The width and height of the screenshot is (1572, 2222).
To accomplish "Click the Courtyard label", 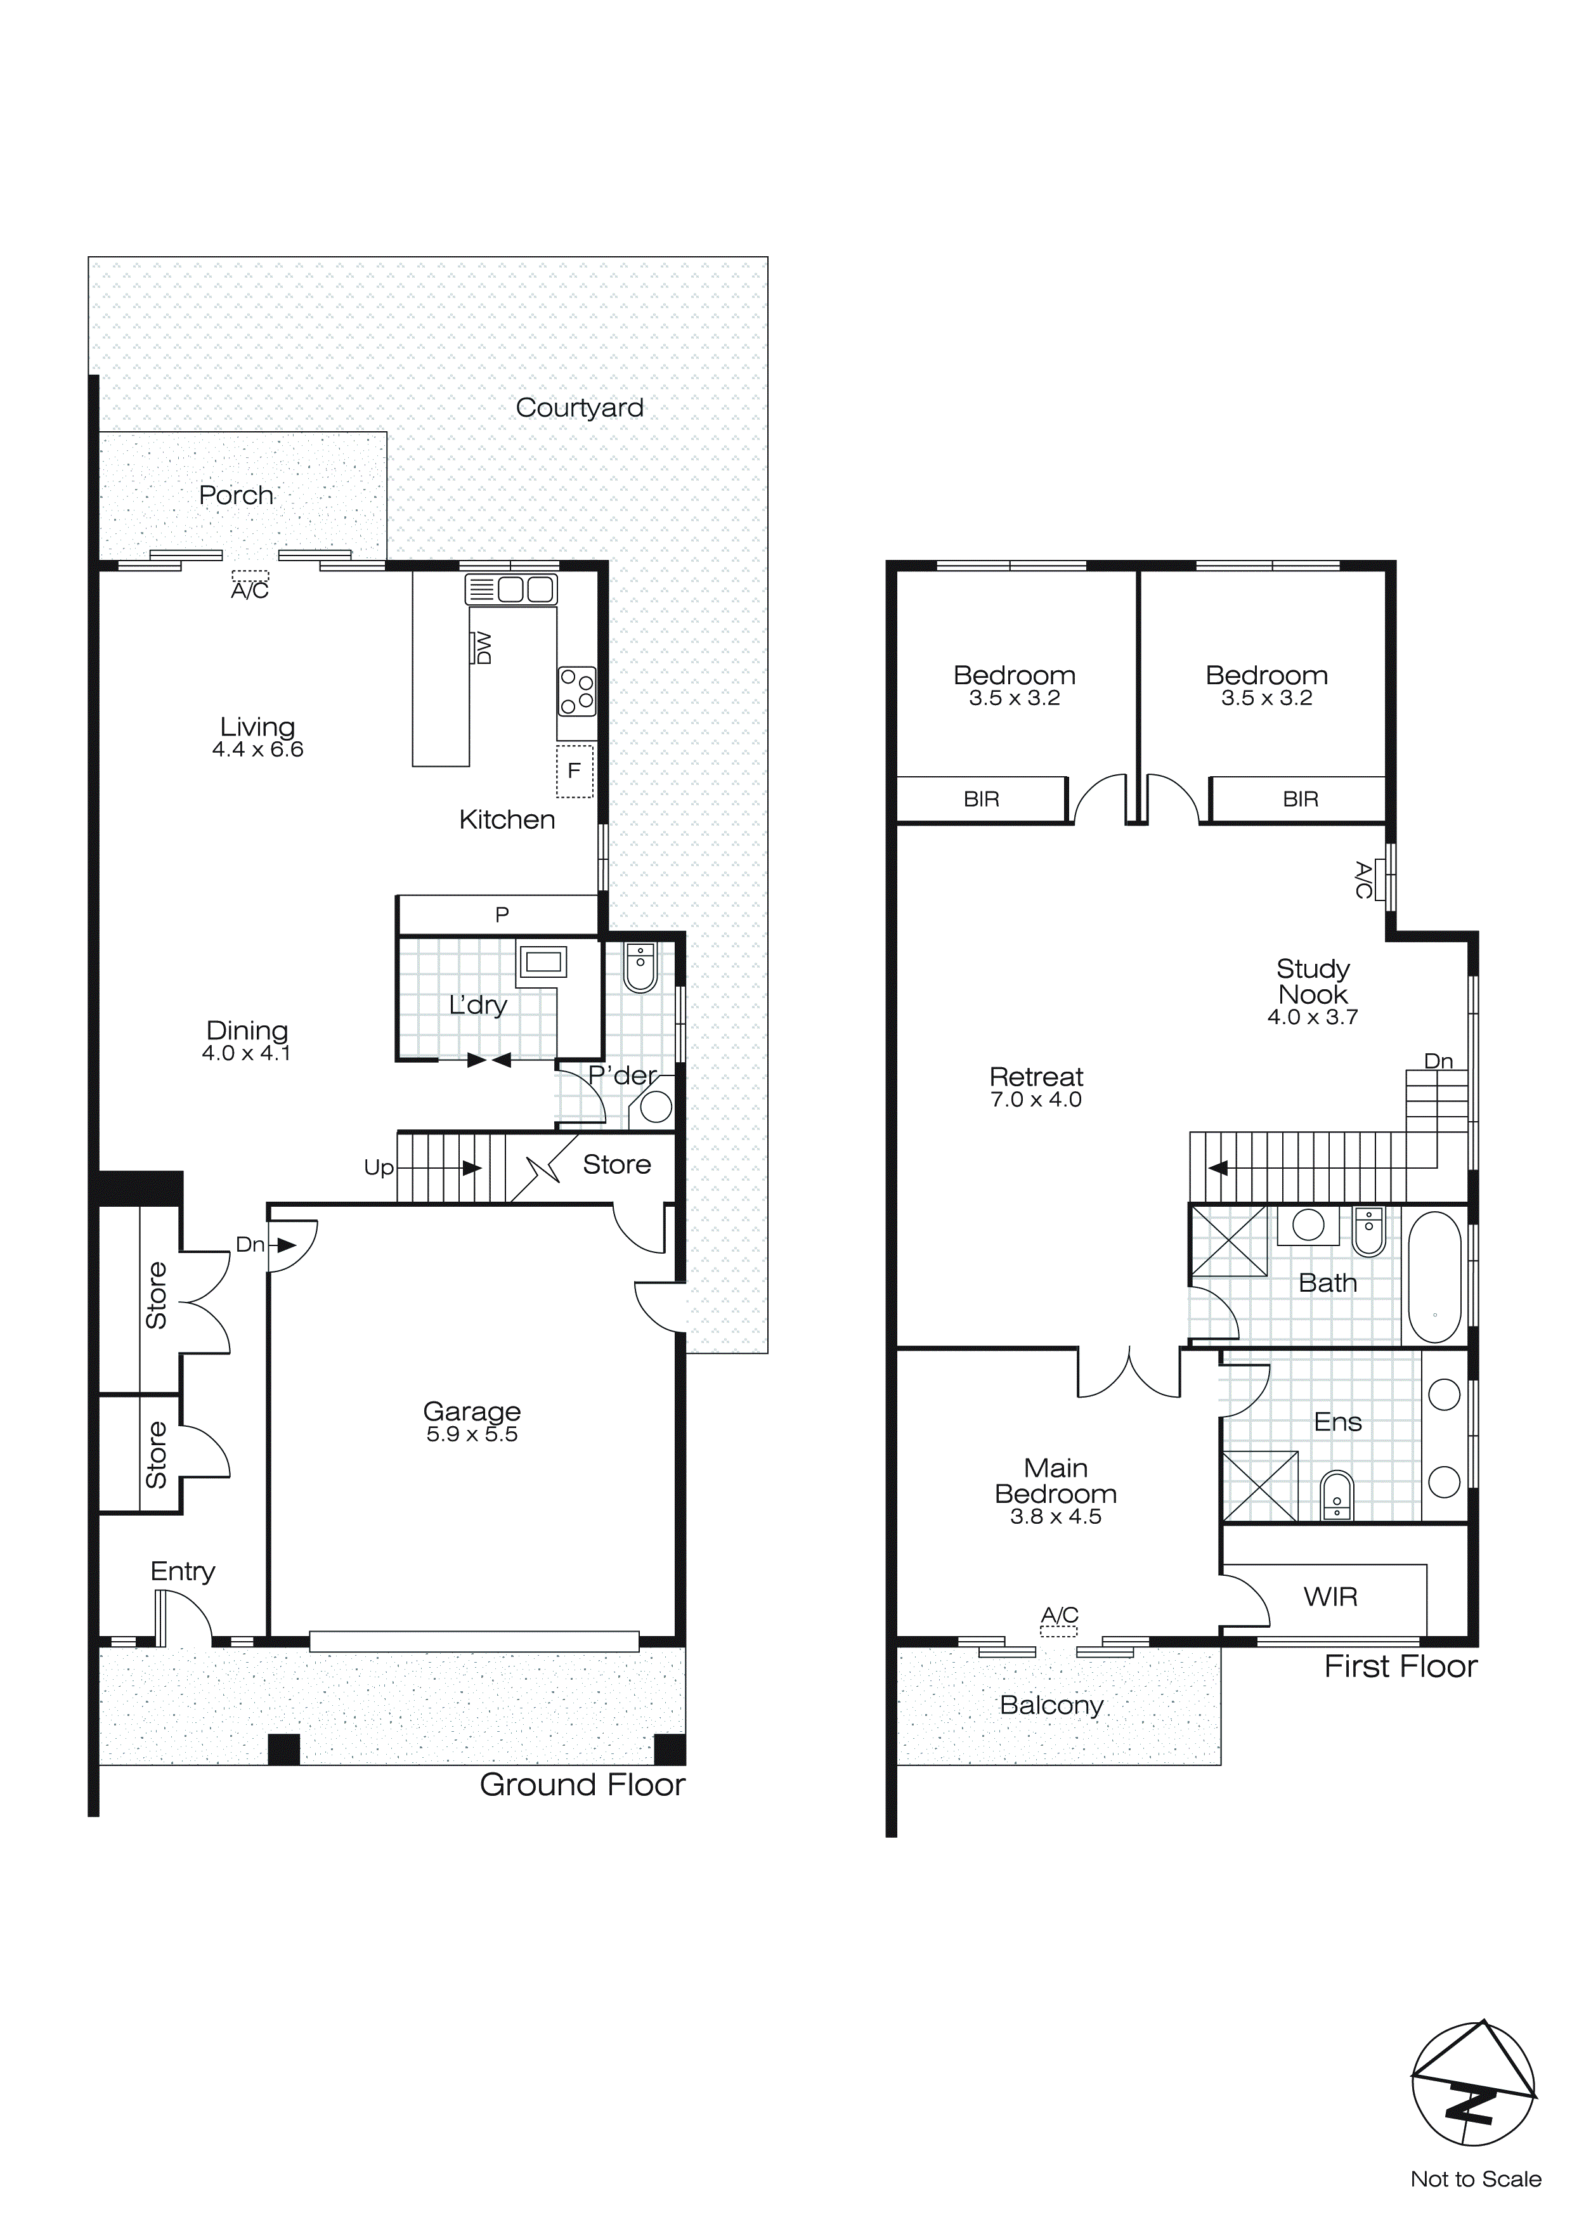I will pyautogui.click(x=579, y=408).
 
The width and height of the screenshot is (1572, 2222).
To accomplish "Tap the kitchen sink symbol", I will pyautogui.click(x=511, y=589).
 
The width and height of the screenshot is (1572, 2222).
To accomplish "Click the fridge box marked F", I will pyautogui.click(x=574, y=770).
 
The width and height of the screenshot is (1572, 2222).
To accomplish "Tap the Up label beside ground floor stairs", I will pyautogui.click(x=379, y=1167).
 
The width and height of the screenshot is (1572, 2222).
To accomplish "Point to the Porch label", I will pyautogui.click(x=235, y=495).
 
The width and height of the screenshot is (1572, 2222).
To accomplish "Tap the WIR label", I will pyautogui.click(x=1330, y=1597).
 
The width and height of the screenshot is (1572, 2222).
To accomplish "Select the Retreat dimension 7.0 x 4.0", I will pyautogui.click(x=1036, y=1100).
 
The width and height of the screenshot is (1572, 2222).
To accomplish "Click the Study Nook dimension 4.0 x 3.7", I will pyautogui.click(x=1313, y=1017).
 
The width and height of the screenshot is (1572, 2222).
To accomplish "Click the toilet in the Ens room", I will pyautogui.click(x=1337, y=1497).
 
